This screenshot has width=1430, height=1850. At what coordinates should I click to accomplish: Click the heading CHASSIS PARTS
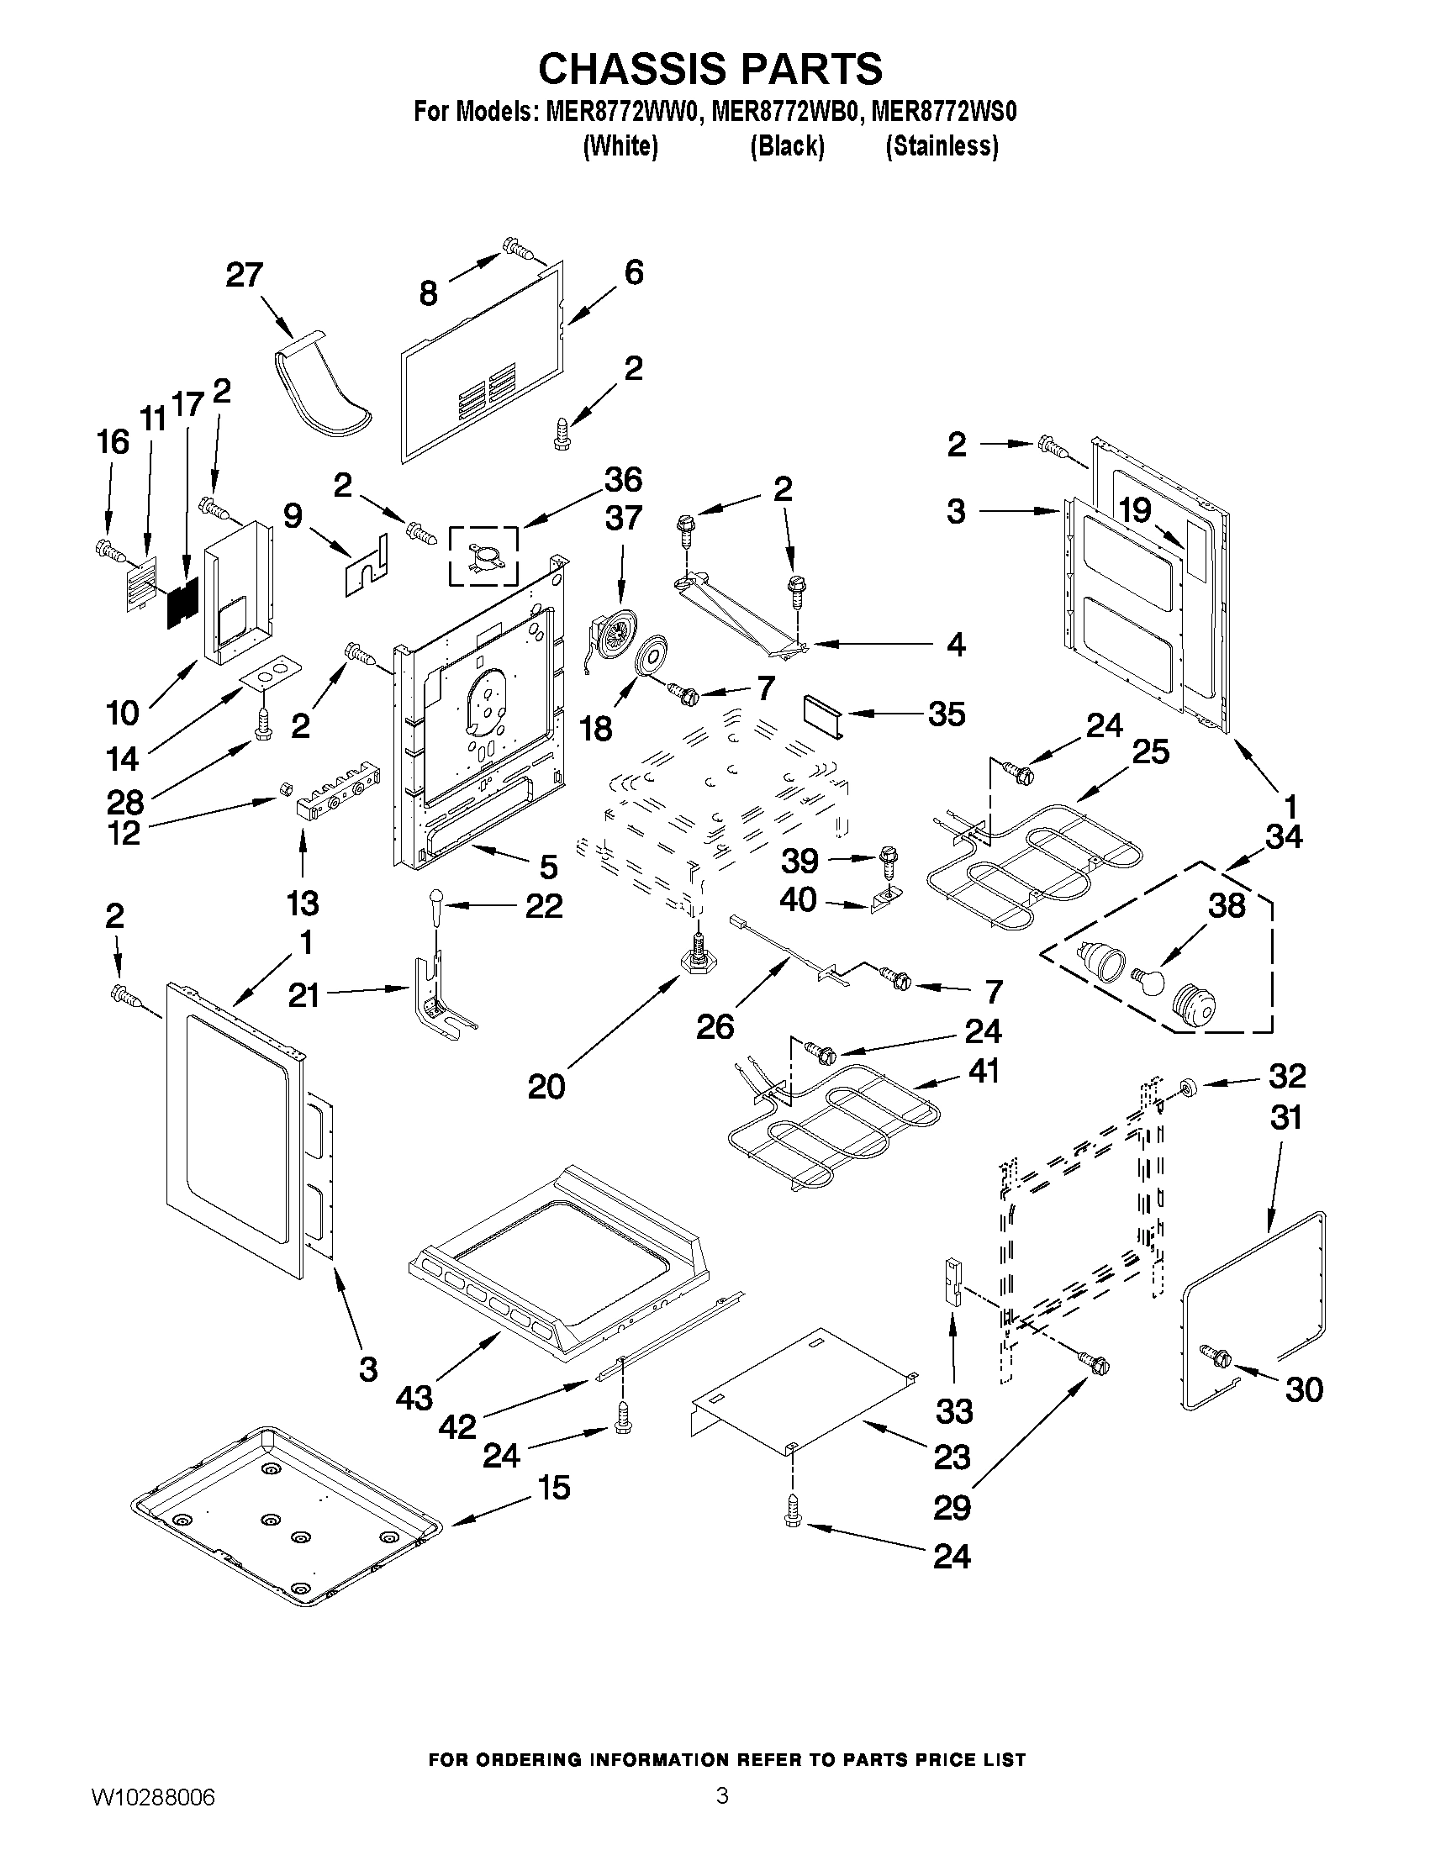[x=710, y=69]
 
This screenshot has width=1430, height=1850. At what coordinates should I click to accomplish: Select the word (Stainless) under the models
[x=942, y=146]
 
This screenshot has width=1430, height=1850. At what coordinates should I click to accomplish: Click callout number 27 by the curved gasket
[x=245, y=276]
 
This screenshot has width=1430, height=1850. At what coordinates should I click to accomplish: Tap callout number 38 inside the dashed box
[x=1226, y=905]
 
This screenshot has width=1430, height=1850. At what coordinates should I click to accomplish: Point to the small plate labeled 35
[x=820, y=714]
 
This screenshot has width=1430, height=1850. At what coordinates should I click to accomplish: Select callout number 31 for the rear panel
[x=1285, y=1118]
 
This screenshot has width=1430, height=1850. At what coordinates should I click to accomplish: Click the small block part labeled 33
[x=952, y=1282]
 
